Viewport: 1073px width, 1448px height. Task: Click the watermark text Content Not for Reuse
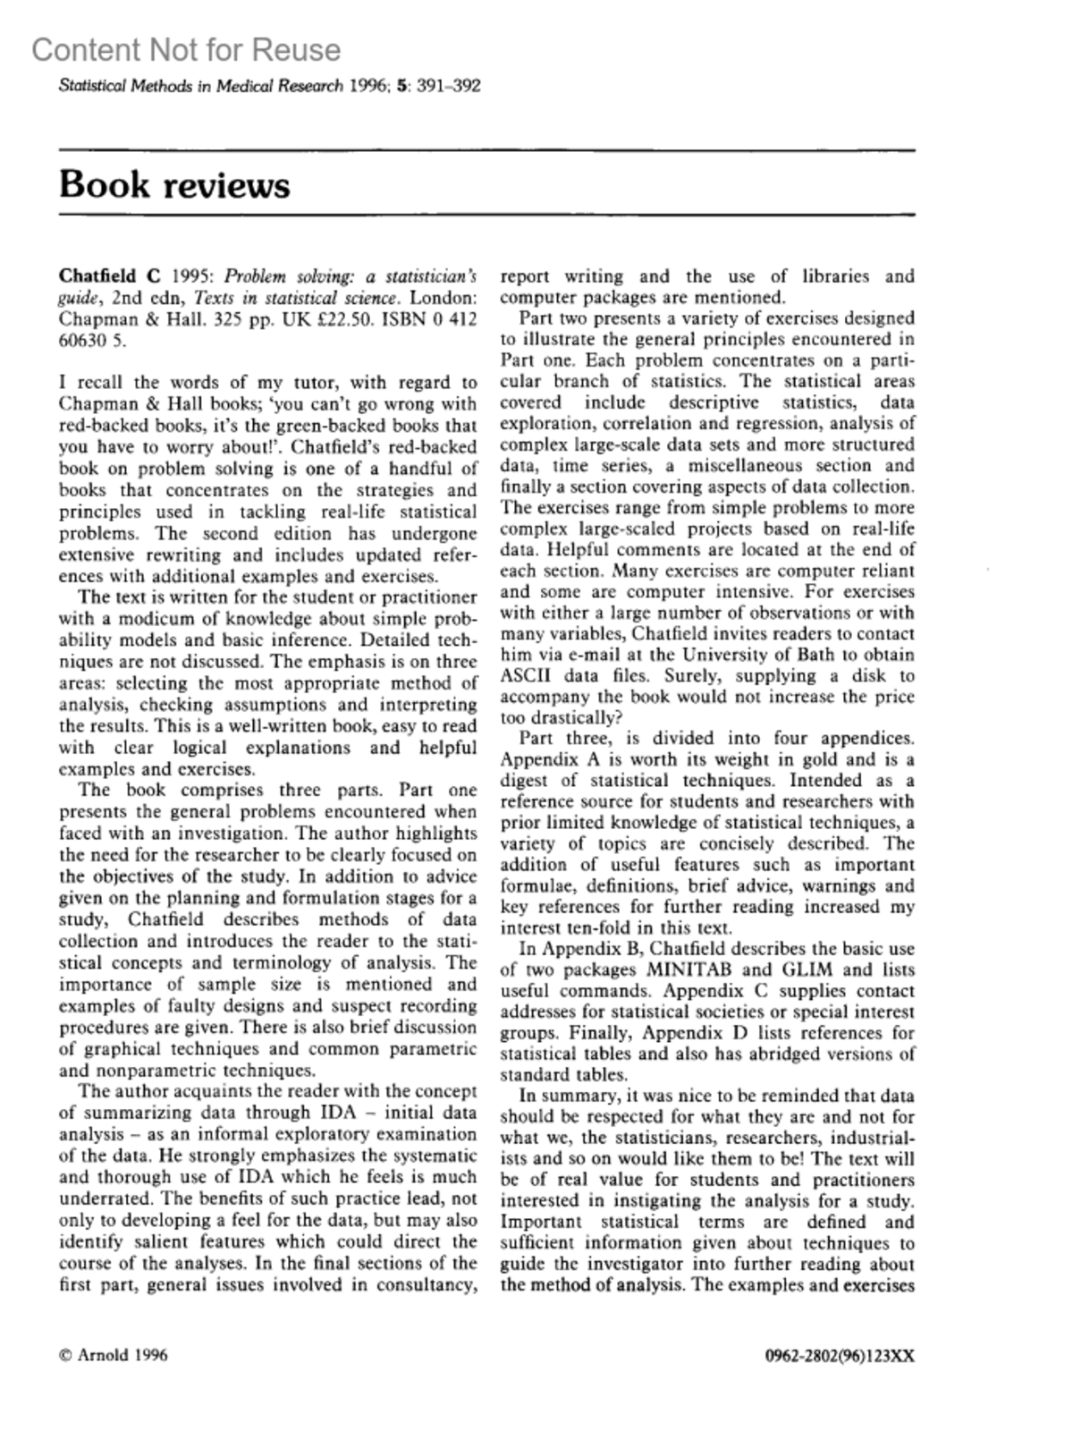point(186,50)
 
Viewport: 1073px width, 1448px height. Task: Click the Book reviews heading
point(174,185)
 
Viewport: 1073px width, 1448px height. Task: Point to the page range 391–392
point(449,86)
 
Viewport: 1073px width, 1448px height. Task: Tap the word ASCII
point(528,675)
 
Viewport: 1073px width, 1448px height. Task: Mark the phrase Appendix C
point(714,991)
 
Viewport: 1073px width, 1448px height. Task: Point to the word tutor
point(310,383)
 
